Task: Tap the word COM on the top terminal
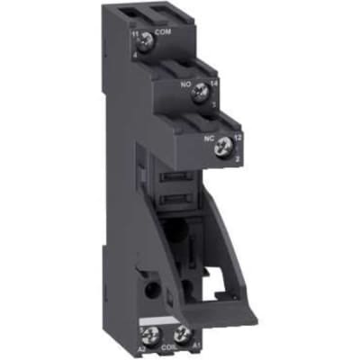pos(164,33)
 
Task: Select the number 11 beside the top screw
pos(135,34)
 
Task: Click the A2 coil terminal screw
pos(148,336)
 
